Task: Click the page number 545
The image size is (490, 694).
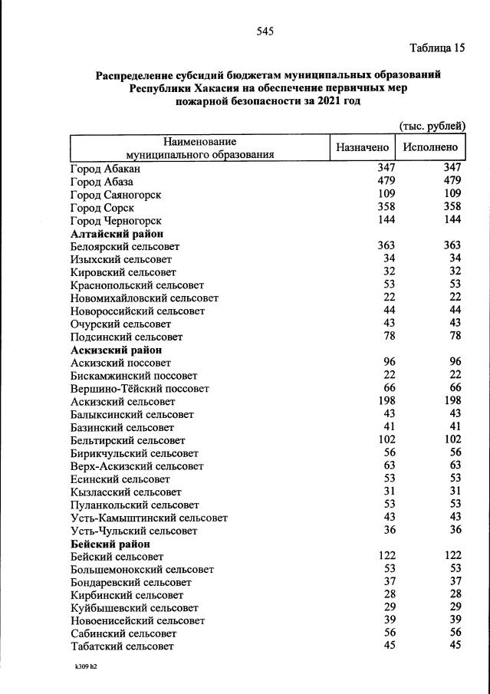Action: click(265, 31)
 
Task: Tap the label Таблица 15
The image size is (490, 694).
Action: click(438, 48)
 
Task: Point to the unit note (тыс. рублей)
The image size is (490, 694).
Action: click(432, 125)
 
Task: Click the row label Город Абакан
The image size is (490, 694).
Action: click(106, 168)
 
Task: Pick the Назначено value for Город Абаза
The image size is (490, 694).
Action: click(386, 181)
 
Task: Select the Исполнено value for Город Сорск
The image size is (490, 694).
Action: click(452, 207)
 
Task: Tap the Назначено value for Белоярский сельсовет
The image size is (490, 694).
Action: click(386, 246)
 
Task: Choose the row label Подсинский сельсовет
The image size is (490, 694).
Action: click(127, 337)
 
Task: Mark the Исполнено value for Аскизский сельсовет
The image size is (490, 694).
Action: click(452, 400)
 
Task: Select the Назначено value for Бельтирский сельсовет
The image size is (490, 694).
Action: click(386, 439)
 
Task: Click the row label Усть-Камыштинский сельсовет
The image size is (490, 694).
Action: click(149, 518)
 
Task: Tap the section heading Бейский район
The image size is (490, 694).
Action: click(110, 544)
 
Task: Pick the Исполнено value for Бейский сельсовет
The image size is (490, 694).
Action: click(452, 556)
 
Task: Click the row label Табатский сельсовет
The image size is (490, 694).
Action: click(122, 646)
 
